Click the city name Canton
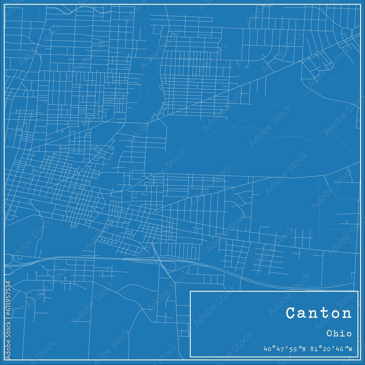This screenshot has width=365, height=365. click(x=319, y=313)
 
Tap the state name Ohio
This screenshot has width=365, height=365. click(x=339, y=334)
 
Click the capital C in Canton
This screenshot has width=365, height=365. click(x=291, y=313)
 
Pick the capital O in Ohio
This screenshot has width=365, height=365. click(x=330, y=334)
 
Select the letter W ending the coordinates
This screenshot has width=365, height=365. click(x=350, y=349)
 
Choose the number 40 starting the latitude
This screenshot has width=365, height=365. click(x=267, y=349)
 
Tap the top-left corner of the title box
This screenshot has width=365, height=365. click(x=190, y=291)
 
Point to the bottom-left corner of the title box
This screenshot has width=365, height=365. click(x=190, y=357)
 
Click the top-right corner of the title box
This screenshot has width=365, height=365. click(x=358, y=291)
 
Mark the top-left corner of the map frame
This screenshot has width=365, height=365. click(x=5, y=5)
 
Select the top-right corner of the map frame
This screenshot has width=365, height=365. click(x=360, y=5)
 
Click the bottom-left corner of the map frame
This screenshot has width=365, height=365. click(x=5, y=360)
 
